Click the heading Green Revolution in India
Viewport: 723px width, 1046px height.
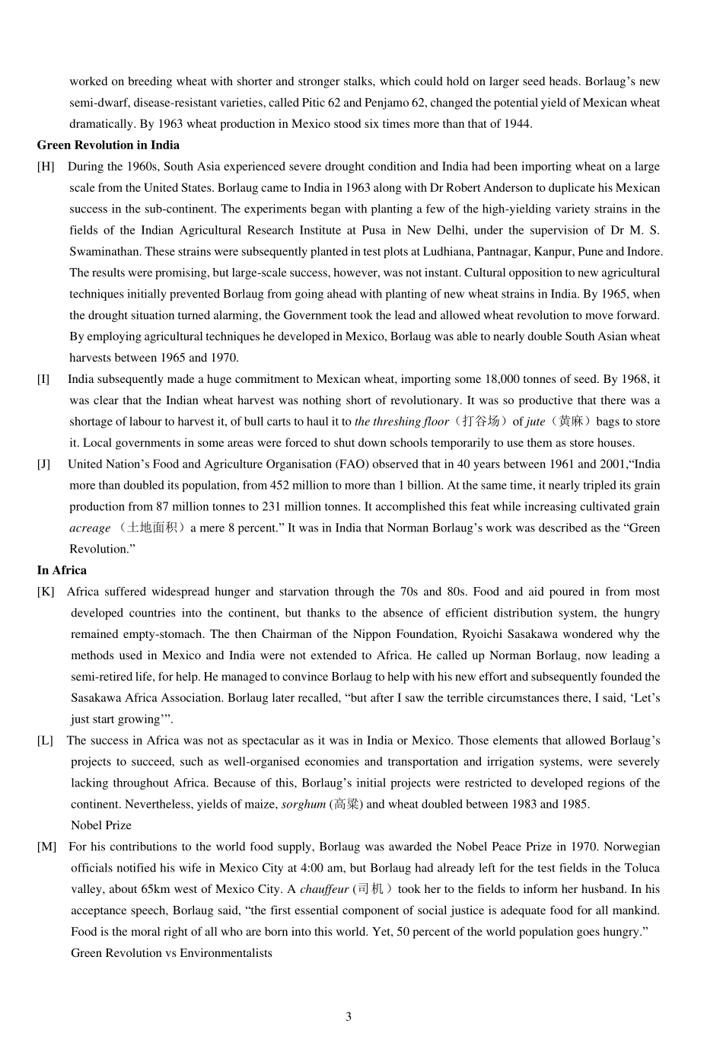point(108,145)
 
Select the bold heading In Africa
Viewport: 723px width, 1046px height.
point(62,570)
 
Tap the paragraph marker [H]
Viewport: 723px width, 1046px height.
point(46,166)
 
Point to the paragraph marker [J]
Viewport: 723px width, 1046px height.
point(44,464)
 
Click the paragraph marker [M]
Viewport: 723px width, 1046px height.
point(46,847)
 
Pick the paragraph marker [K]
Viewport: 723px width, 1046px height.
point(46,592)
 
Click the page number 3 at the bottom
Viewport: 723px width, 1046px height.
point(349,1016)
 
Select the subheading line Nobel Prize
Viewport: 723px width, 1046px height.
point(101,825)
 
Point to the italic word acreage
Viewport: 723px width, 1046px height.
point(90,528)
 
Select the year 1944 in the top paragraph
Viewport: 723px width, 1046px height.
point(517,124)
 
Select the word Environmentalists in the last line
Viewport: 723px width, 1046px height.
point(225,953)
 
